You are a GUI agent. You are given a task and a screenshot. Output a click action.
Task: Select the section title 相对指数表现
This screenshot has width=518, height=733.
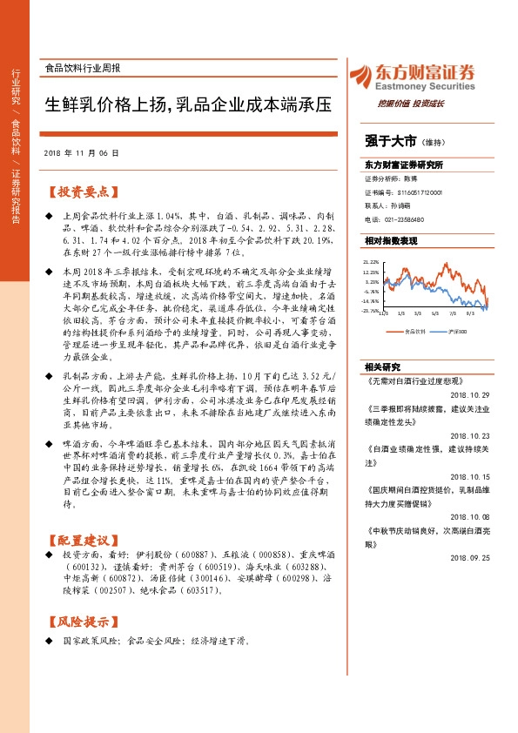coord(391,239)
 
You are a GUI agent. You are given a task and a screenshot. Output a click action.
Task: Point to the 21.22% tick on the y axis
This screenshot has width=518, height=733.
coord(372,261)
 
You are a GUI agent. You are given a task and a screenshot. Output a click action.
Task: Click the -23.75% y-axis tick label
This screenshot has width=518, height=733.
coord(371,310)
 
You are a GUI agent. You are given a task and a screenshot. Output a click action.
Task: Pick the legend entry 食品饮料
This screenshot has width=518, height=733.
coord(416,331)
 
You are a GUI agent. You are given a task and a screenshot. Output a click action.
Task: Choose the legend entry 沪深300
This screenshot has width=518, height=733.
coord(458,331)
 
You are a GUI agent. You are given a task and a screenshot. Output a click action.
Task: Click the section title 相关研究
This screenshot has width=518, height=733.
coord(382,366)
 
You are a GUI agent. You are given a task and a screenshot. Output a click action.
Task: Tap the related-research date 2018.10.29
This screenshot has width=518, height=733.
coord(471,393)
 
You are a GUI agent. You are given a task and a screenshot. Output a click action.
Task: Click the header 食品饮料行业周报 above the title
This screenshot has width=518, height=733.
coord(83,67)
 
